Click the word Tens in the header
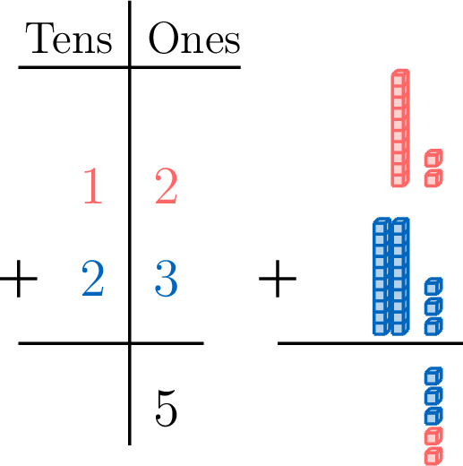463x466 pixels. click(x=69, y=39)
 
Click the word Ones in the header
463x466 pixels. click(x=194, y=39)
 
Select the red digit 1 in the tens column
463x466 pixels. click(x=93, y=186)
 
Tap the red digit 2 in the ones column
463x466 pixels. click(x=167, y=186)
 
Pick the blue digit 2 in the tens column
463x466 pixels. click(x=93, y=279)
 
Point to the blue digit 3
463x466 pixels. click(x=167, y=279)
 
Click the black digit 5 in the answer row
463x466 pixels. click(x=167, y=409)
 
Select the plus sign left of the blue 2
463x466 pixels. click(x=19, y=279)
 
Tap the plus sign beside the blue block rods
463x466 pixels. click(x=278, y=279)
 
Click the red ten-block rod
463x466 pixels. click(x=400, y=128)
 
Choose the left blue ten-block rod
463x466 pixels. click(x=382, y=276)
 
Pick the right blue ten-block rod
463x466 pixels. click(x=400, y=276)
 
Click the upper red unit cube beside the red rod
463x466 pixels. click(x=433, y=158)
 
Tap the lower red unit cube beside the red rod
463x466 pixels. click(x=433, y=178)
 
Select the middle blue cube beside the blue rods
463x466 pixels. click(x=433, y=306)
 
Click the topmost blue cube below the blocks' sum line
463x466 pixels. click(x=433, y=375)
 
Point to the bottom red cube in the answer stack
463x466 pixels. click(x=433, y=456)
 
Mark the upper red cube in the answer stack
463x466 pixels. click(x=433, y=436)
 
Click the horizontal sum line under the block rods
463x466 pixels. click(x=370, y=343)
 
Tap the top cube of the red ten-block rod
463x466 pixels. click(x=400, y=78)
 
